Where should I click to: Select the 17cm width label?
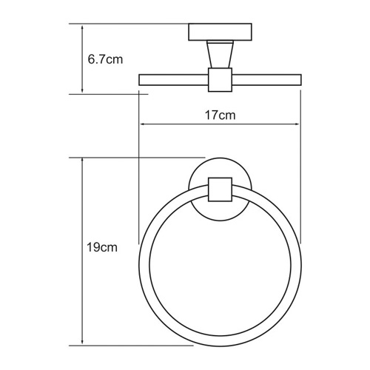220,115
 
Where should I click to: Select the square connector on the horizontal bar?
220,81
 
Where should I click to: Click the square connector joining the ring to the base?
220,190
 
